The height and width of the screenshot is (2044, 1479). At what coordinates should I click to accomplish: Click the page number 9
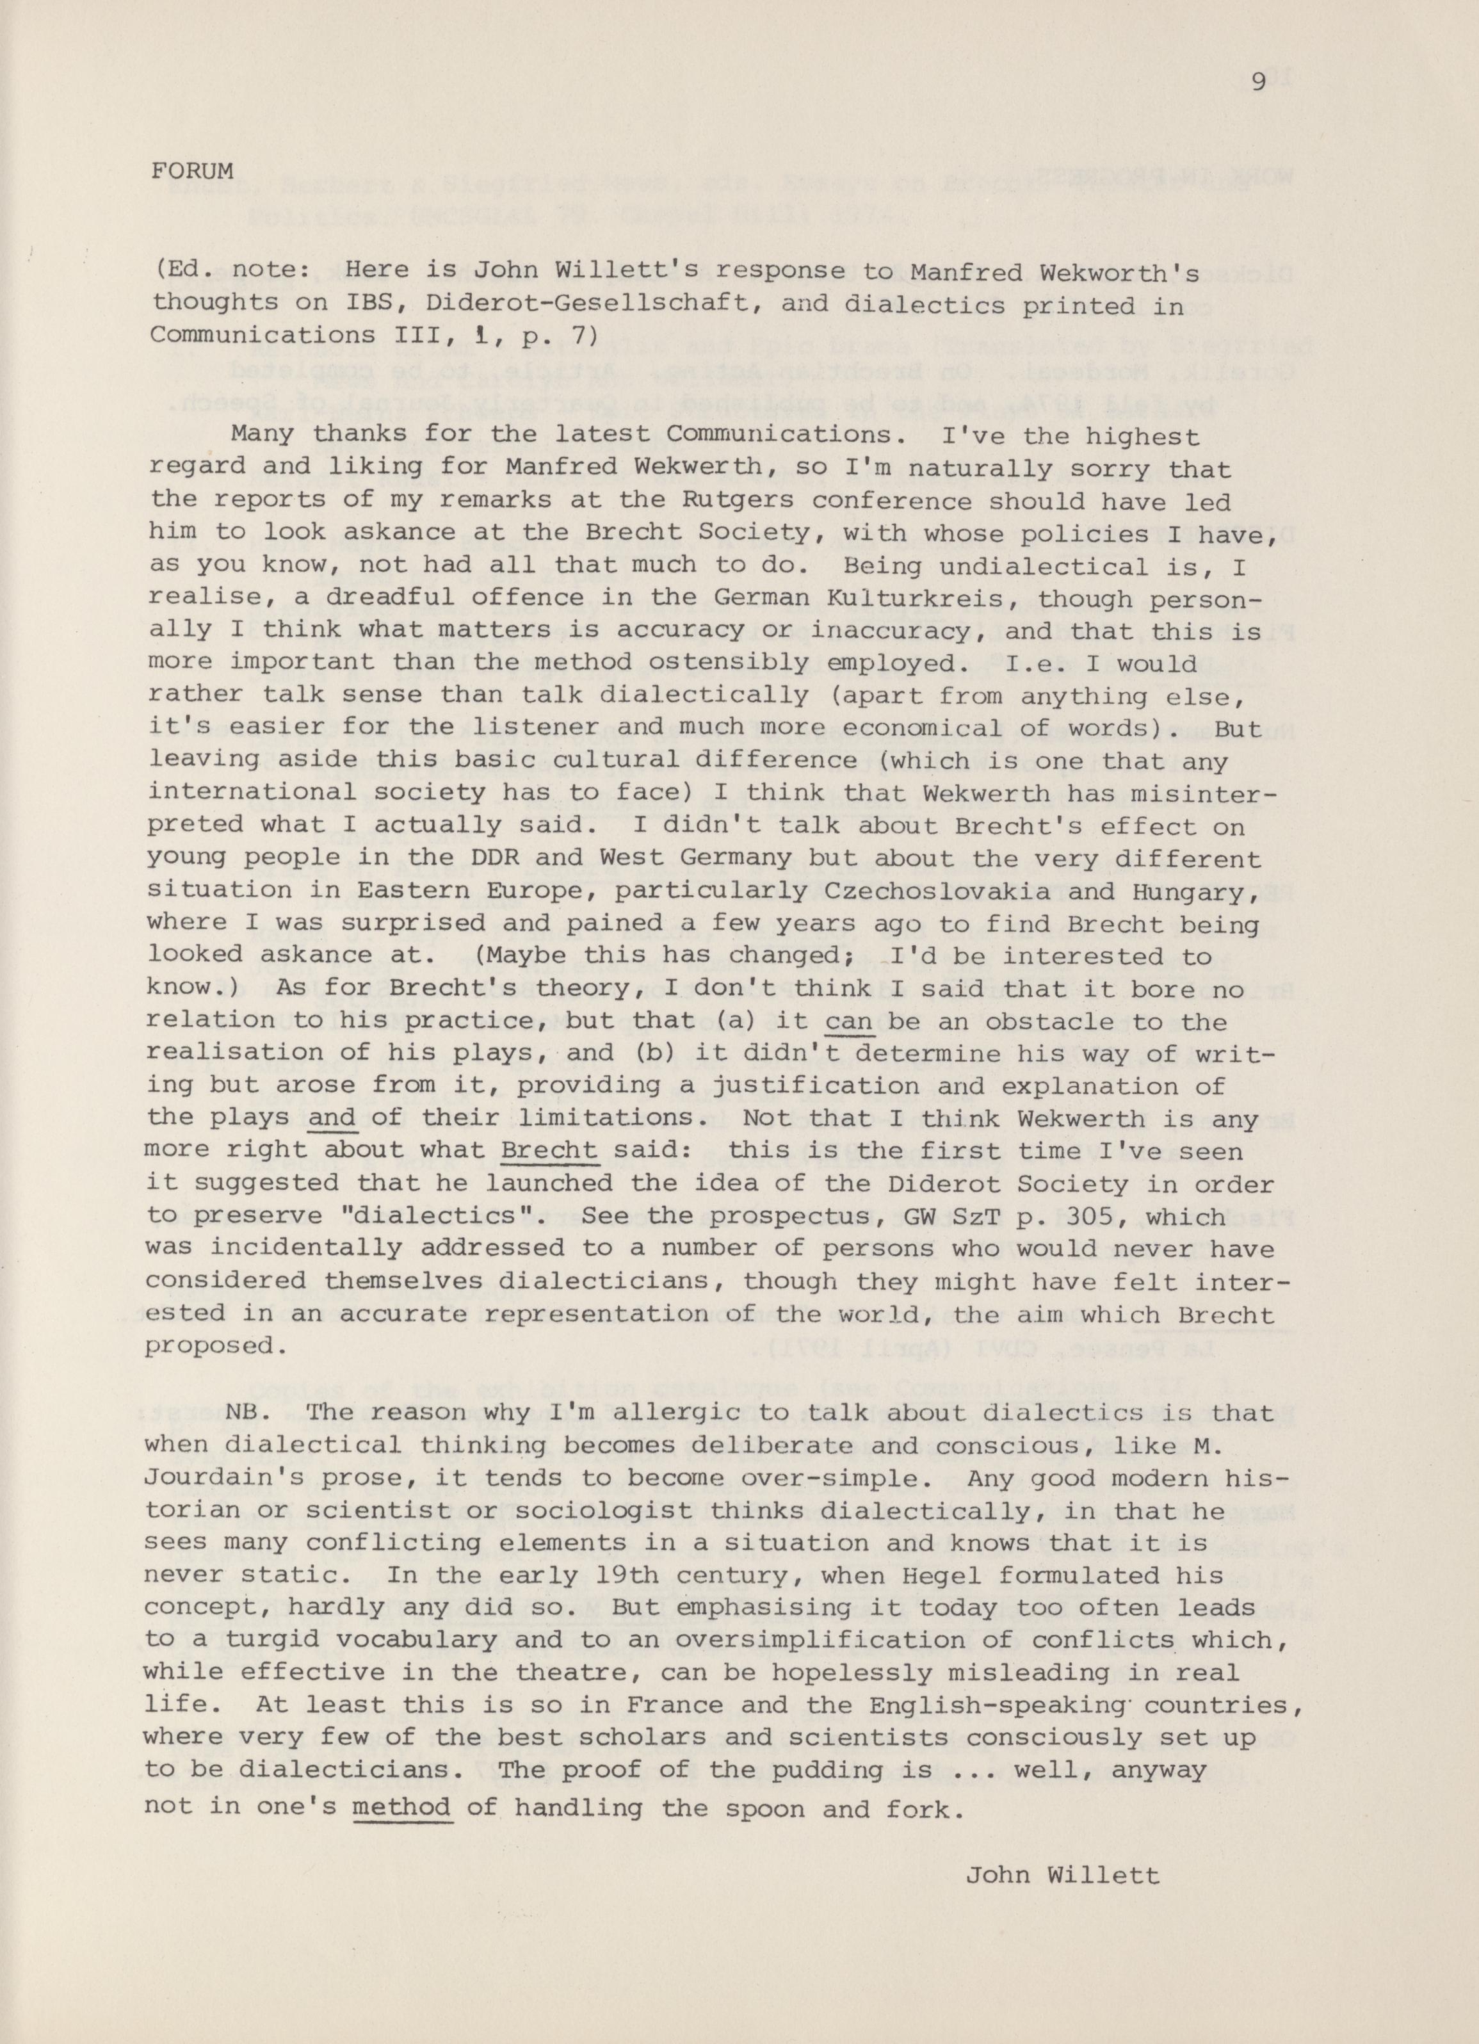(1259, 83)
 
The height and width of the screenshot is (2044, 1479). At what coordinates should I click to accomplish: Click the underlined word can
(852, 1022)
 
